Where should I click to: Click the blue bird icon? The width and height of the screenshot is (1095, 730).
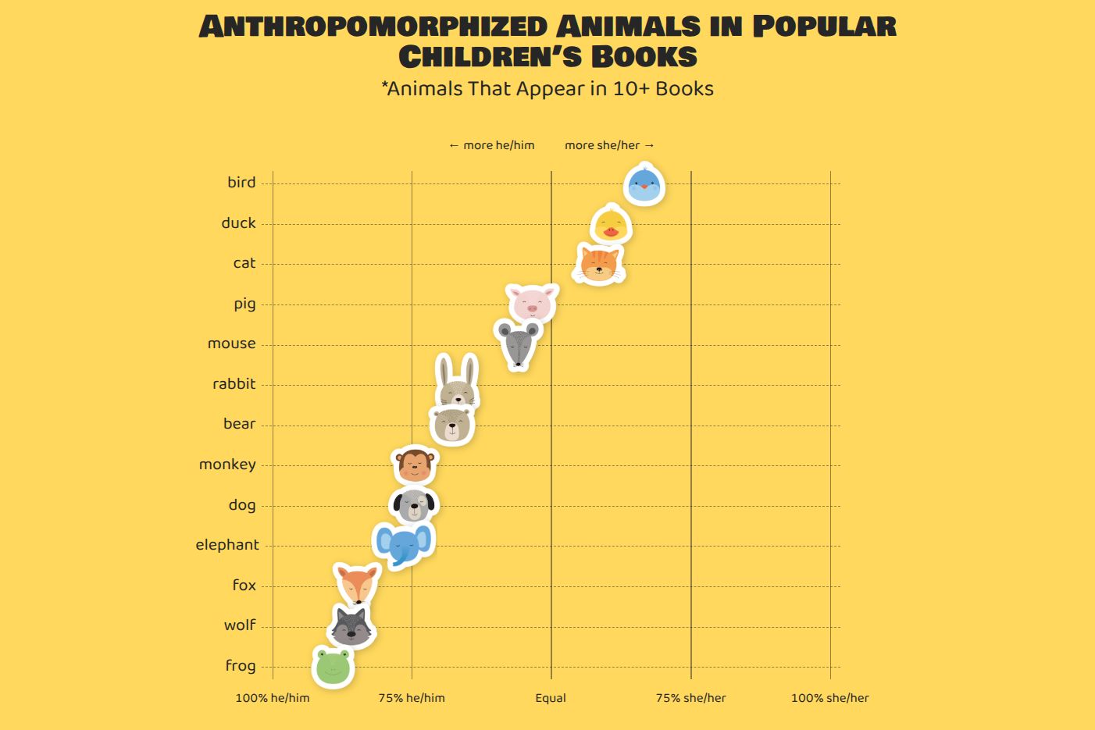(x=644, y=184)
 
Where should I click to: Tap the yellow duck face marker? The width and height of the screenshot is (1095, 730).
(x=611, y=224)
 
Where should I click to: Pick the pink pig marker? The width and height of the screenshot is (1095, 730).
(x=533, y=303)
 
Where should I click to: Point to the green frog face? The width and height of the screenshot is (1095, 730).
(x=333, y=667)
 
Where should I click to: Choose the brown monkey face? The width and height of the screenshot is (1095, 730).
(x=415, y=465)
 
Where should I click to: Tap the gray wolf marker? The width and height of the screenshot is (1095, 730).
(x=351, y=626)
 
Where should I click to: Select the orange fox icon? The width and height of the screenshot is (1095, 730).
(x=358, y=585)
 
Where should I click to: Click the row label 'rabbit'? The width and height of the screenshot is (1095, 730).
(x=234, y=384)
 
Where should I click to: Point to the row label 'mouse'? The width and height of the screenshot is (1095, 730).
(x=232, y=344)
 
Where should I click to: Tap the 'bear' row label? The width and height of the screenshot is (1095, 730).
(x=240, y=423)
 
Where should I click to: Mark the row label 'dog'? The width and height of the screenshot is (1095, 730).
(x=242, y=504)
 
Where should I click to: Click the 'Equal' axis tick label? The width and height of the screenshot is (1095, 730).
(x=551, y=698)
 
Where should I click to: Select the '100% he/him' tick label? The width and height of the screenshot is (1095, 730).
(x=273, y=698)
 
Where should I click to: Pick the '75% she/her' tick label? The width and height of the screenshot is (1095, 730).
(x=690, y=698)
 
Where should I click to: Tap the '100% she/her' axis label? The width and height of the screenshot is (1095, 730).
(x=830, y=698)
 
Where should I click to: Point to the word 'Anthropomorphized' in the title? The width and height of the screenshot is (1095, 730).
(x=373, y=27)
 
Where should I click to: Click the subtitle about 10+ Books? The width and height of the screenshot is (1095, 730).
(x=547, y=89)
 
